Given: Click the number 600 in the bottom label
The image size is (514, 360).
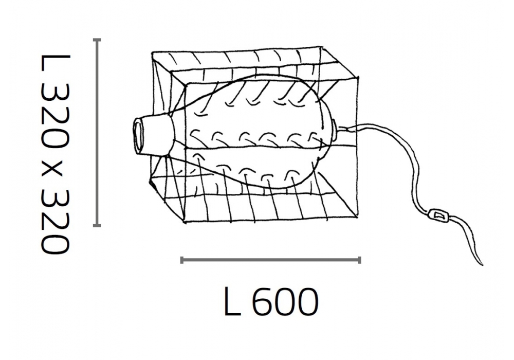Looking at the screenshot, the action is (x=285, y=302).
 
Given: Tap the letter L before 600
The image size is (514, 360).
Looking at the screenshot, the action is (x=232, y=302).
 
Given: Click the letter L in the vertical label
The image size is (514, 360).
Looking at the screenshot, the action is (x=55, y=63).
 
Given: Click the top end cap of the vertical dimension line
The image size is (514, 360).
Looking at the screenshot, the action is (x=97, y=40).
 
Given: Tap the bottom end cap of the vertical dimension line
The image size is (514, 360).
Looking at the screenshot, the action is (x=97, y=226).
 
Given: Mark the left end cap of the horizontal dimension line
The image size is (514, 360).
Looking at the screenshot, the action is (x=181, y=260).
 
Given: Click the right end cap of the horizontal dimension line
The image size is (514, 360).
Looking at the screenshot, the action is (x=360, y=260).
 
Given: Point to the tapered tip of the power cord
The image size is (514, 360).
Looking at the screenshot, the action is (x=482, y=264).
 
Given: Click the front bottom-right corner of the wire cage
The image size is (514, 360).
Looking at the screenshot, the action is (x=357, y=217).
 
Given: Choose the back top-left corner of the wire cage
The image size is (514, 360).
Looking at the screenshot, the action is (x=153, y=52).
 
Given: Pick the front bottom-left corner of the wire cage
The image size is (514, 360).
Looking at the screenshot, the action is (x=186, y=223).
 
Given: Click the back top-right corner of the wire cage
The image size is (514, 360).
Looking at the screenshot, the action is (x=320, y=47).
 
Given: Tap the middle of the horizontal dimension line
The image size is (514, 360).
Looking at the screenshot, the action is (x=271, y=260).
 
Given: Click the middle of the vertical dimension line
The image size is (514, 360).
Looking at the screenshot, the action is (x=97, y=133).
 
